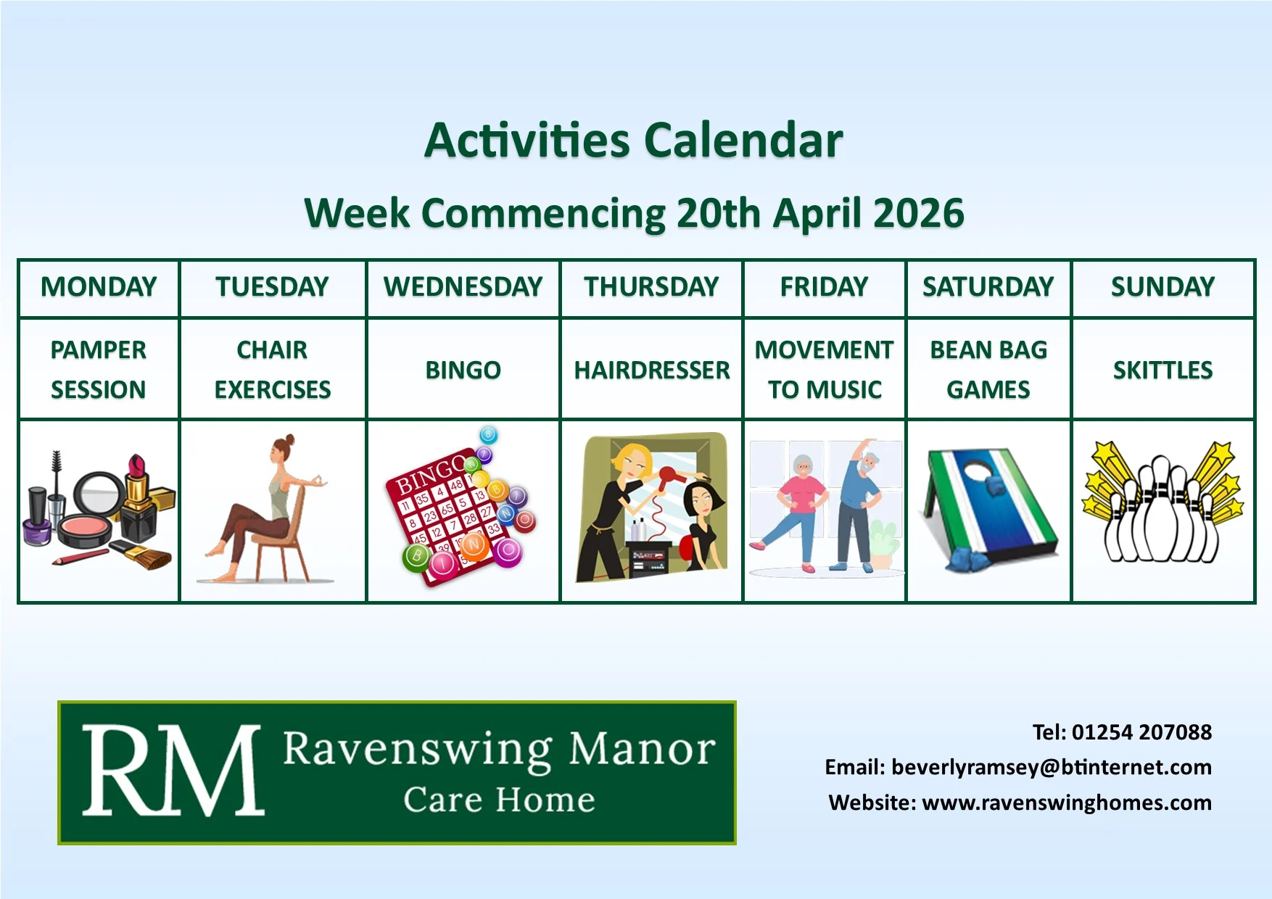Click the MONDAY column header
point(99,287)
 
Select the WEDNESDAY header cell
point(463,287)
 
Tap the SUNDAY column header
point(1162,287)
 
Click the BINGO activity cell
point(463,370)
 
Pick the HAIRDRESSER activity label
point(652,370)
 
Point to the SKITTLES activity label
point(1162,370)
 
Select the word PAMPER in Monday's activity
point(99,350)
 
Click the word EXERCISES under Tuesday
point(273,390)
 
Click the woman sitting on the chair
point(268,500)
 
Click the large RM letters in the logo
point(173,771)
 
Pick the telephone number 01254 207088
point(1141,732)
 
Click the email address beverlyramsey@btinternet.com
point(1051,767)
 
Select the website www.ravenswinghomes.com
point(1066,803)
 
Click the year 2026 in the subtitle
point(919,213)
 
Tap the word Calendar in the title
point(743,140)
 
